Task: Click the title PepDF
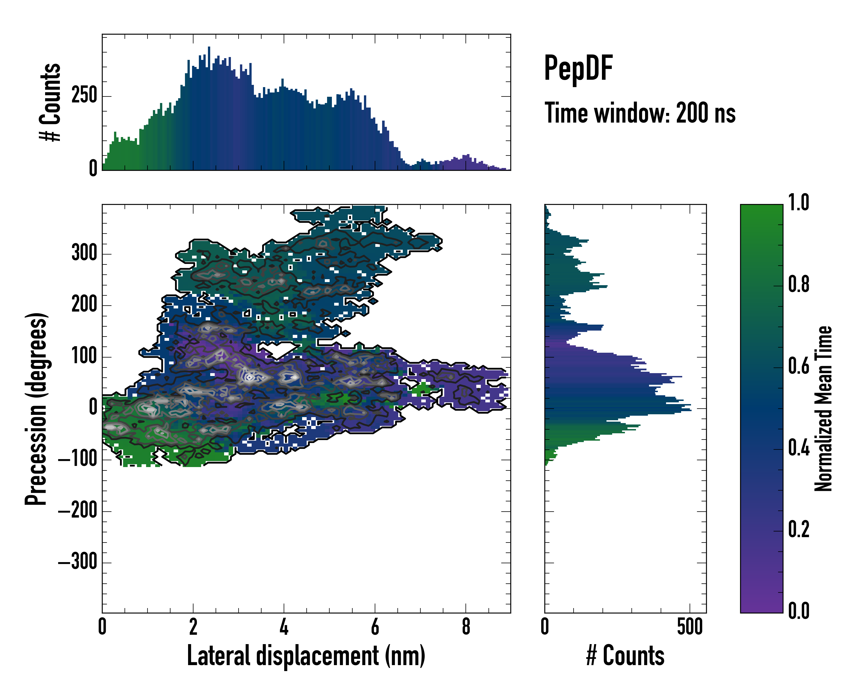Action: click(578, 68)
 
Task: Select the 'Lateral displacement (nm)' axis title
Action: click(306, 655)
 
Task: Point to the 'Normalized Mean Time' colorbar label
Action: click(823, 409)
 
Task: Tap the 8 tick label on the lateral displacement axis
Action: click(466, 627)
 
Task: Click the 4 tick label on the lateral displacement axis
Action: click(284, 627)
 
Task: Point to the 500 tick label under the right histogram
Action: click(690, 627)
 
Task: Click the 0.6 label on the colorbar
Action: click(799, 366)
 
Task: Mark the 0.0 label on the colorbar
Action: click(799, 611)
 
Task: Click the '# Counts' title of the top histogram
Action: click(50, 102)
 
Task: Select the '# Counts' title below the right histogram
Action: click(625, 655)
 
